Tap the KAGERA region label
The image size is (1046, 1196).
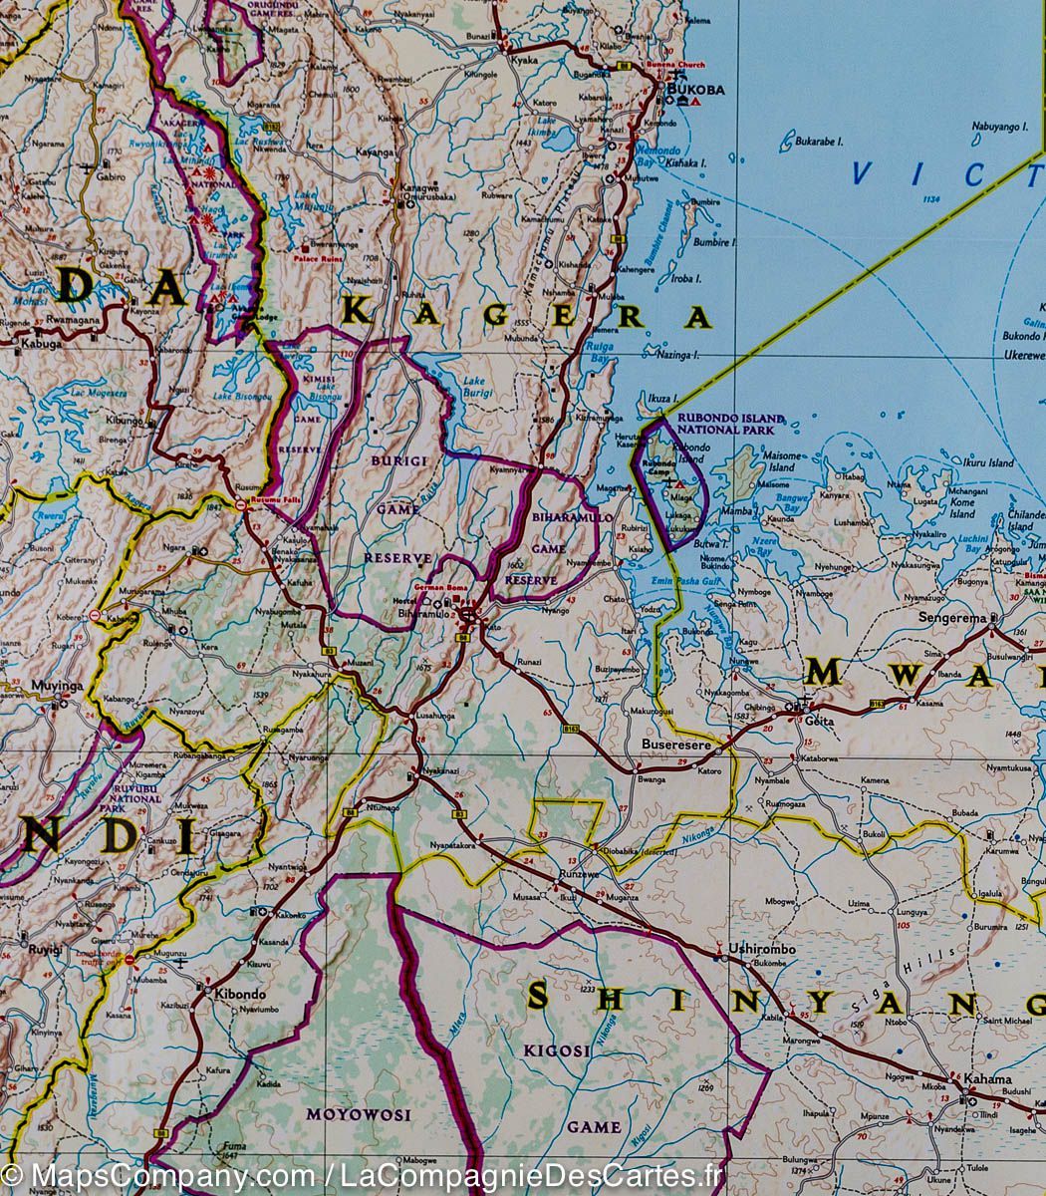(x=527, y=316)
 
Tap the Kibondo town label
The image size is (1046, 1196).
(x=237, y=995)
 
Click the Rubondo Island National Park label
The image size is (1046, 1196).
(x=724, y=424)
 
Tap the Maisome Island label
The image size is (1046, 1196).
(x=781, y=461)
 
